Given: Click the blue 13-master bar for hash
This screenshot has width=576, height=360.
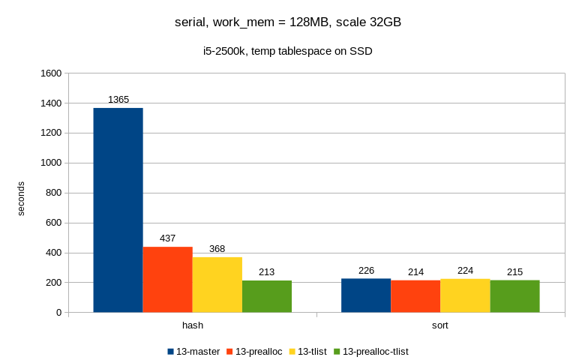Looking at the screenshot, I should tap(118, 210).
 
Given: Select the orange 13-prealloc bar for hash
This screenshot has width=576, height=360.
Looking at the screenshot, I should tap(167, 279).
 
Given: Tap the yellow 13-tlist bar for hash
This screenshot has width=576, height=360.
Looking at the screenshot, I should tap(217, 284).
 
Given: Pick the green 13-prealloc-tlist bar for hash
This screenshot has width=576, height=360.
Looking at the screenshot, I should tap(266, 296).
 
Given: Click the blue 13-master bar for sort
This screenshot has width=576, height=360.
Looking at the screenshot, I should tap(365, 295).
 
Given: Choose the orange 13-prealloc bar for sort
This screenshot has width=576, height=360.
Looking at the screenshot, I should tap(415, 296).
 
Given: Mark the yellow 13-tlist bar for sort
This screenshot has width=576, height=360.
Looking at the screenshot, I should tap(465, 295).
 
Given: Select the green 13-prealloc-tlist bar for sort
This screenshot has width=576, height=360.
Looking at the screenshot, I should tap(514, 296).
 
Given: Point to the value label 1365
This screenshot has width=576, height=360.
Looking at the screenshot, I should tap(118, 100).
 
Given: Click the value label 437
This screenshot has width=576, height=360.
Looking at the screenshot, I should tap(167, 238).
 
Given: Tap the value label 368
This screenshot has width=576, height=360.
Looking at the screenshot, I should tap(217, 249).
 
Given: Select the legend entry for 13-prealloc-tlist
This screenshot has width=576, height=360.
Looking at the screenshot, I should tap(370, 351).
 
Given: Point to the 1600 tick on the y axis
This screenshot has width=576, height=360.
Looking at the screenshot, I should tap(51, 73).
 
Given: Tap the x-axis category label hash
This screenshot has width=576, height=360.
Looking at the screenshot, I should tap(193, 326).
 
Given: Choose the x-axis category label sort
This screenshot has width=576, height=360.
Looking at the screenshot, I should tap(440, 326).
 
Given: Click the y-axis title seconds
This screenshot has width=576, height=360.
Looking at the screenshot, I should tap(21, 198).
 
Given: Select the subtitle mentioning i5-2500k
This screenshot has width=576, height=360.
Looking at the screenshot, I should tap(288, 52).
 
